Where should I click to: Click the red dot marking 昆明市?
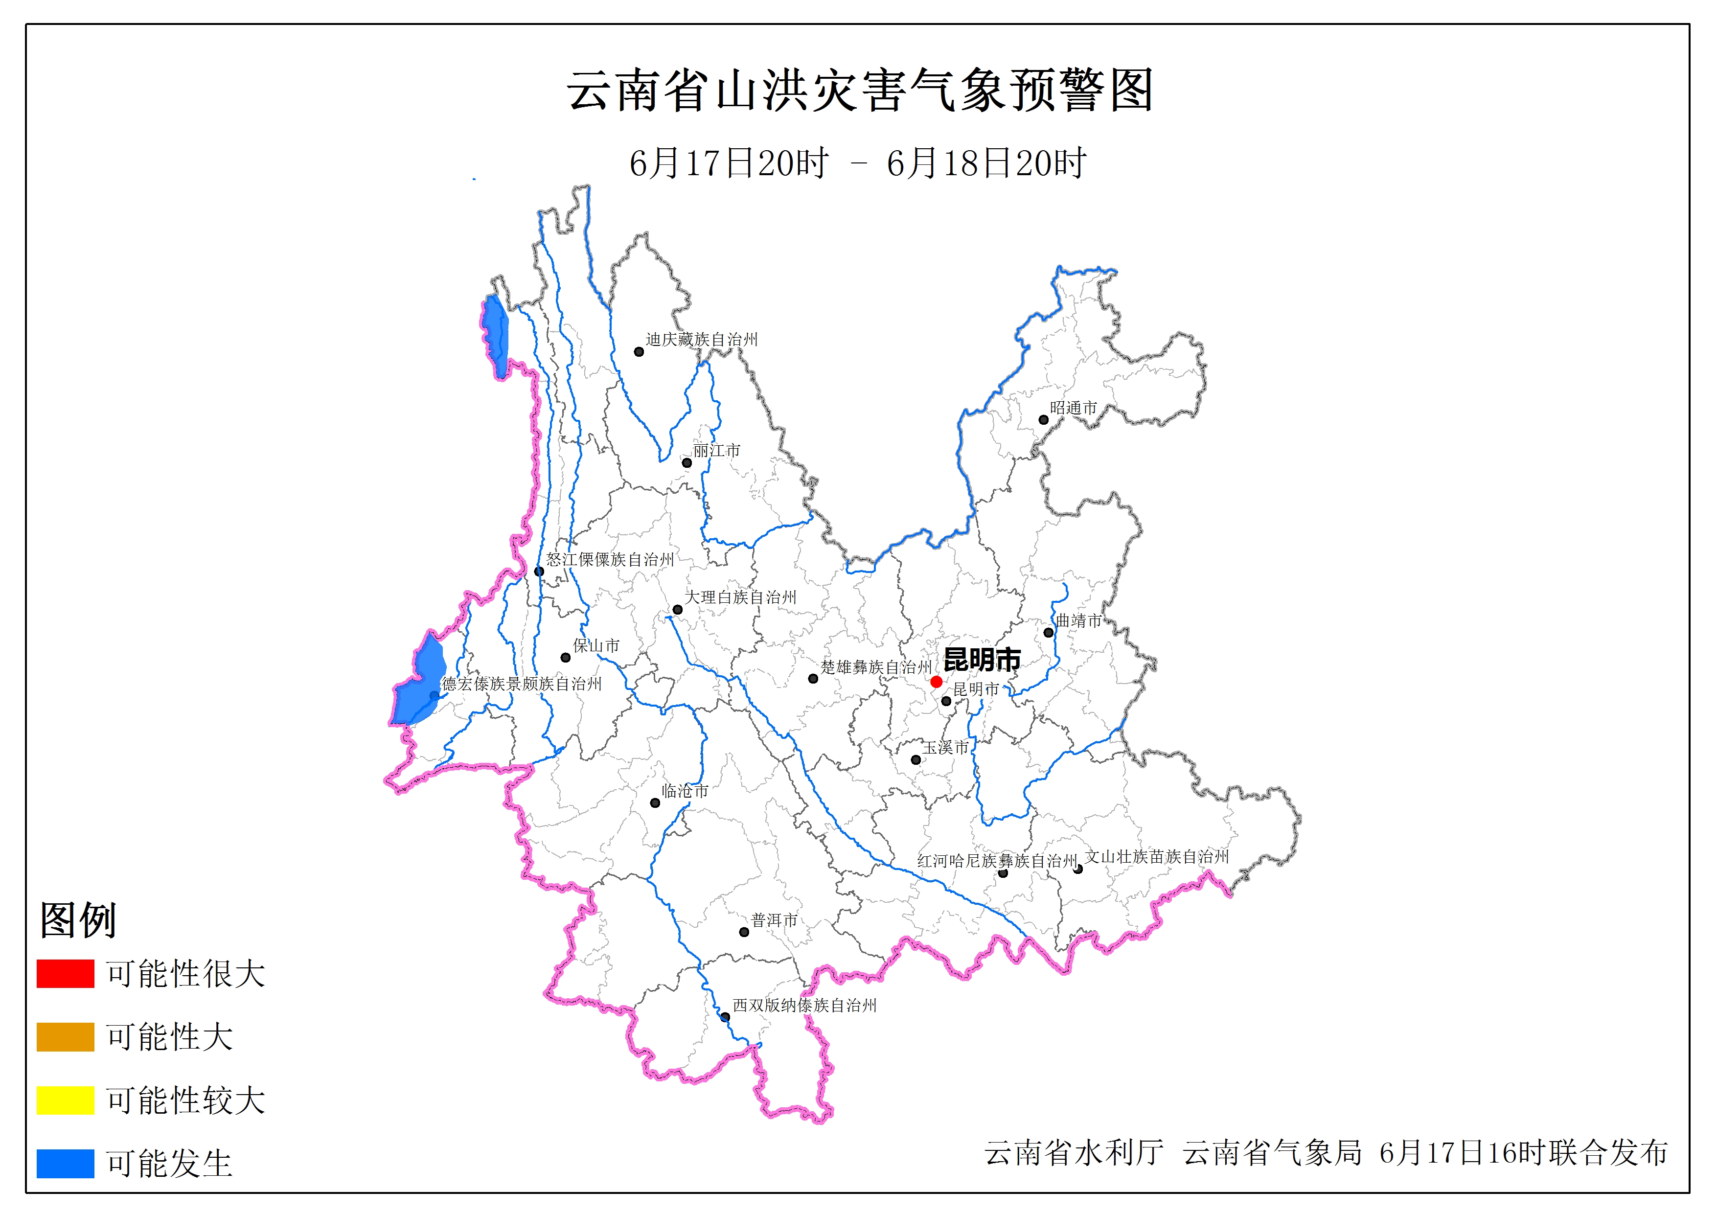coord(936,682)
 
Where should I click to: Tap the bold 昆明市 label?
coord(982,660)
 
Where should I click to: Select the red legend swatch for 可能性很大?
coord(65,973)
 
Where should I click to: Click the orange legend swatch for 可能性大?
coord(65,1037)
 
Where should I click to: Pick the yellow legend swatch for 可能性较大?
coord(65,1100)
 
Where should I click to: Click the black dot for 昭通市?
coord(1043,420)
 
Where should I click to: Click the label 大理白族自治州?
coord(740,597)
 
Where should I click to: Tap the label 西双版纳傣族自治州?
coord(804,1006)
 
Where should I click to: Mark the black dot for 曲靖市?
coord(1049,632)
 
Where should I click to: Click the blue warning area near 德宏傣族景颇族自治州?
coord(419,685)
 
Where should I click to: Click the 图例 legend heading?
coord(78,919)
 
